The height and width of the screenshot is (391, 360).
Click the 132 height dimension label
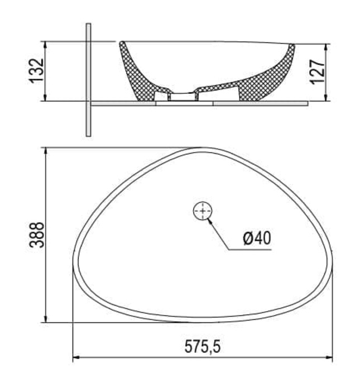pos(36,70)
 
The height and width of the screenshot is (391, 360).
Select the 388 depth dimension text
pos(36,235)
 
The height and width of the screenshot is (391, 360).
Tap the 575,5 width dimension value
pos(203,347)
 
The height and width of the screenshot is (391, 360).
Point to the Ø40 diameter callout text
pos(257,239)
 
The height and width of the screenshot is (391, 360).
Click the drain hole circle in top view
pos(203,211)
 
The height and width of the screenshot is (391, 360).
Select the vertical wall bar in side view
pos(88,79)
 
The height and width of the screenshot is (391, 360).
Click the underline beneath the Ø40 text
pos(251,249)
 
